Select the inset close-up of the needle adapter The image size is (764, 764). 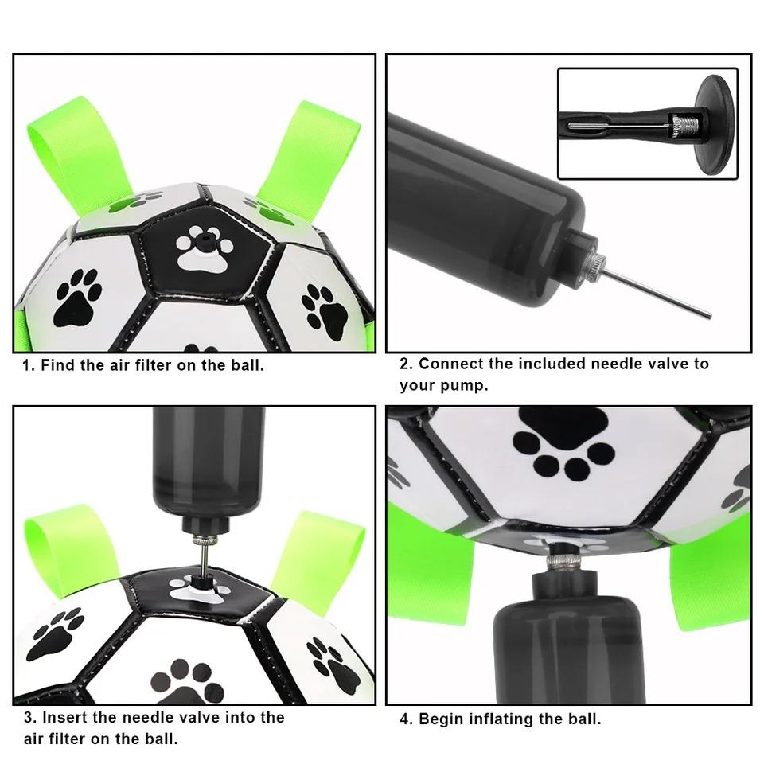(647, 123)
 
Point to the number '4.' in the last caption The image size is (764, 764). (406, 719)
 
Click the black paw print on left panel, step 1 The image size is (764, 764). (77, 297)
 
